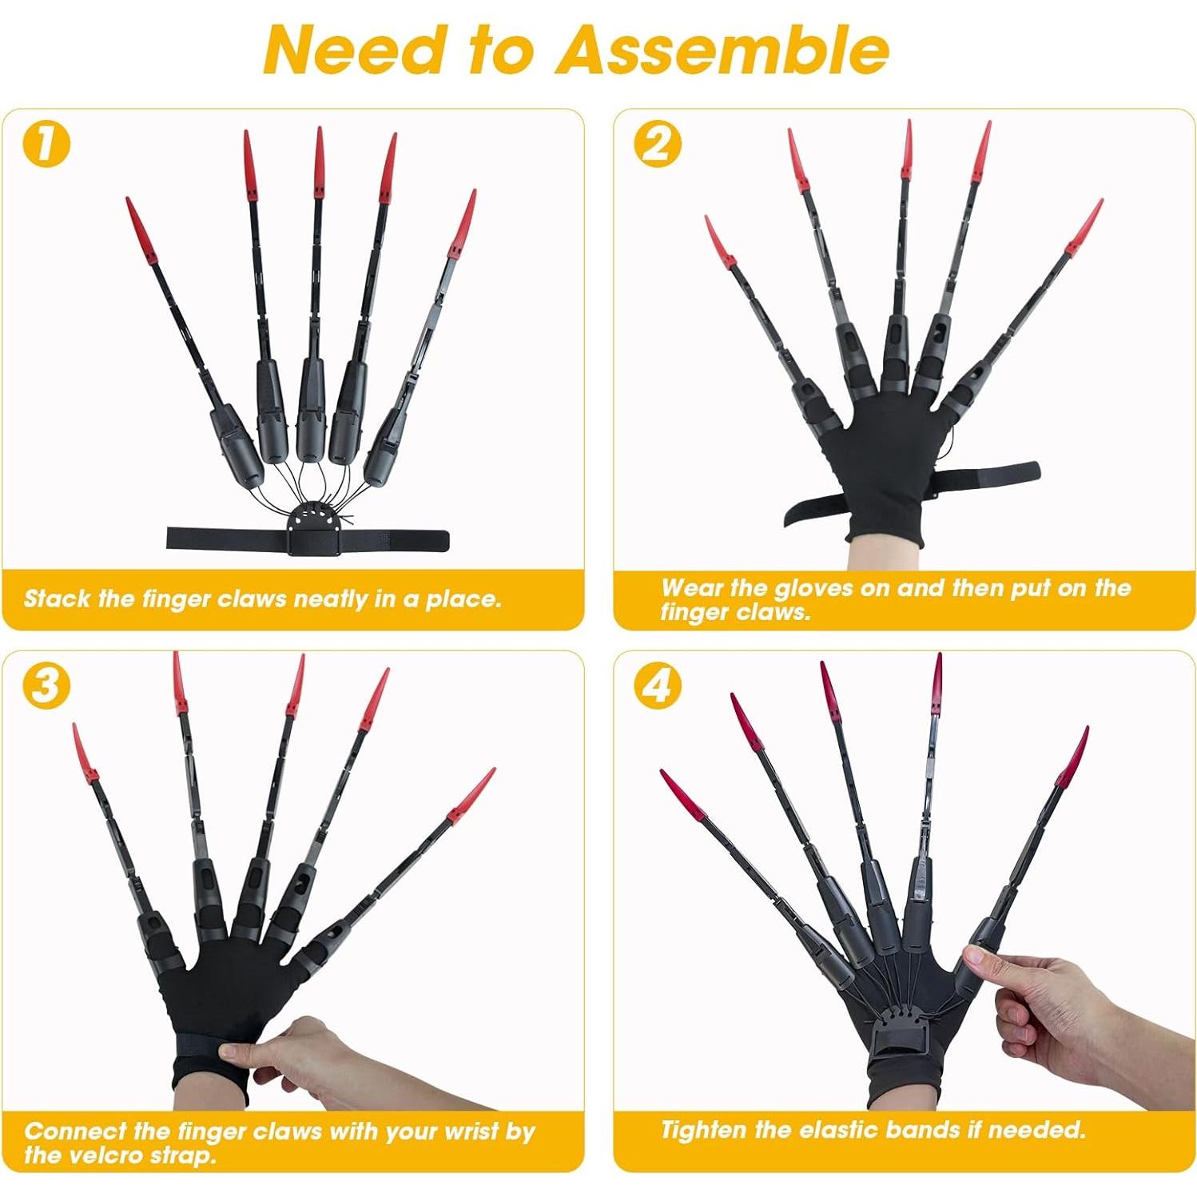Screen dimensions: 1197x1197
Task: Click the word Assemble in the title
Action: click(723, 50)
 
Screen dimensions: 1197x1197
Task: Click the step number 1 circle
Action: click(46, 144)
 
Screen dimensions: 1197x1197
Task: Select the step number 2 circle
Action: click(657, 144)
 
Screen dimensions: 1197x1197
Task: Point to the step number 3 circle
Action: click(46, 686)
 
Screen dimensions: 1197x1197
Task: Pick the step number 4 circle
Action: click(657, 686)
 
